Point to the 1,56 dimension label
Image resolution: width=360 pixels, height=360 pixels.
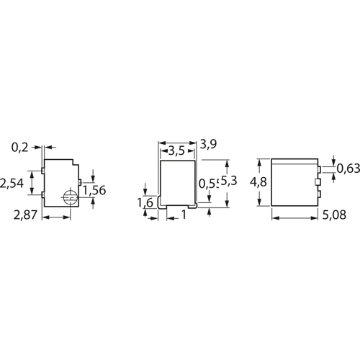96,190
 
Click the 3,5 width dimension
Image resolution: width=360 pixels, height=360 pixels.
173,151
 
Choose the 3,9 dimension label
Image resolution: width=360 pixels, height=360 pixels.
209,144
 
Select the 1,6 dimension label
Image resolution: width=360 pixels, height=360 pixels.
145,204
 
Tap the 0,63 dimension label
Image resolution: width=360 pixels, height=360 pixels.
348,168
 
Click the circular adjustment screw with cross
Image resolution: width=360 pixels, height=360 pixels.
70,199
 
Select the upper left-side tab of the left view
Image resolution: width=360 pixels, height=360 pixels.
44,171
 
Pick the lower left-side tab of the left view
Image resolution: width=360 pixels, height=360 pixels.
44,194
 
